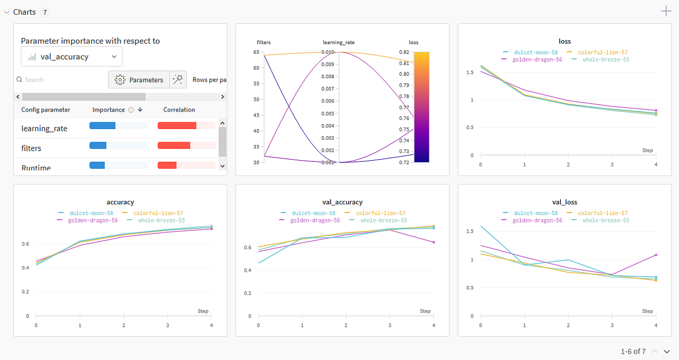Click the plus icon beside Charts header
(666, 11)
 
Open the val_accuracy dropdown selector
(72, 57)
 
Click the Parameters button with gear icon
(139, 80)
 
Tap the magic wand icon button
(178, 80)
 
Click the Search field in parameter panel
(57, 80)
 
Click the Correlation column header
(179, 110)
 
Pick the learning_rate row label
(44, 128)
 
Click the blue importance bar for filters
(98, 145)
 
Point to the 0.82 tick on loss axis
(404, 52)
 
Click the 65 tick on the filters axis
(256, 52)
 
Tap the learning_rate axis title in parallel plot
(338, 42)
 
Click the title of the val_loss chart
(564, 202)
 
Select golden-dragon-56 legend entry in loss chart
(531, 59)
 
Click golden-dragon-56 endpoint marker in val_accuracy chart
(433, 242)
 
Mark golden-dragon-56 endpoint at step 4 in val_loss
(656, 255)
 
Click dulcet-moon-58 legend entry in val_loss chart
(531, 213)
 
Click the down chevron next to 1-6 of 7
(667, 352)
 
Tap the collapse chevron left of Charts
(7, 12)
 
